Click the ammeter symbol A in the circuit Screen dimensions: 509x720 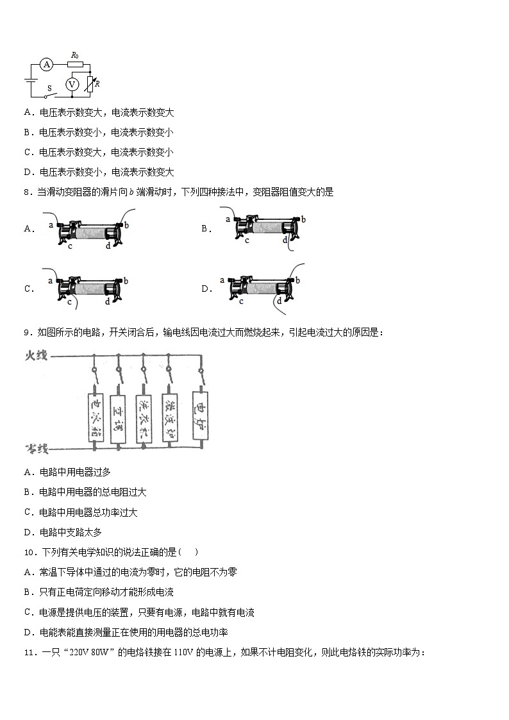46,64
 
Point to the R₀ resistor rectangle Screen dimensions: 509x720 75,64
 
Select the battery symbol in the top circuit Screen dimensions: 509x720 29,80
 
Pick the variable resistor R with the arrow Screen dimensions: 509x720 90,83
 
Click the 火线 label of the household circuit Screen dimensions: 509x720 37,355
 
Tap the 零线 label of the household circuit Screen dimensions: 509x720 37,446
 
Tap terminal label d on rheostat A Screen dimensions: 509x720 108,246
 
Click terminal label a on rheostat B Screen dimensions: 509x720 228,219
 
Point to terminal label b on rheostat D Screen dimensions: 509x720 297,280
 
